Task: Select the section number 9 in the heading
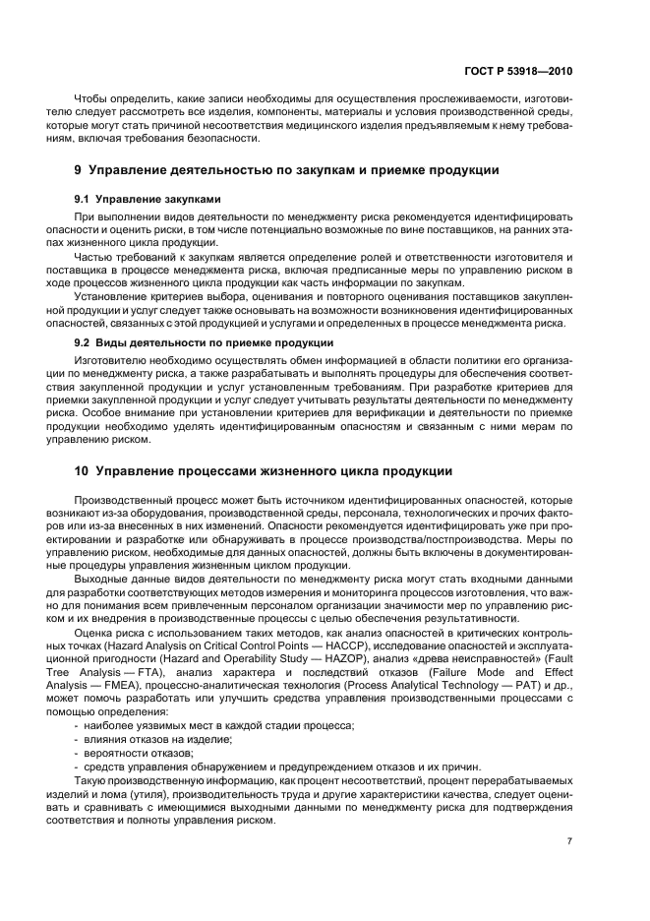tap(79, 170)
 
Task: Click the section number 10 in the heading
tap(82, 470)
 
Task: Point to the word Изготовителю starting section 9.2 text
tap(112, 360)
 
